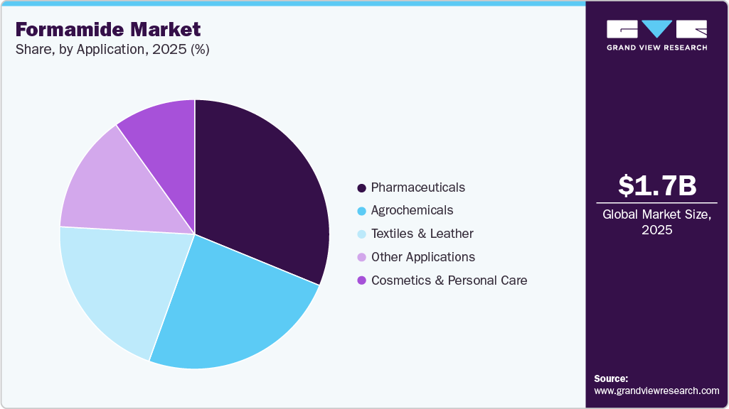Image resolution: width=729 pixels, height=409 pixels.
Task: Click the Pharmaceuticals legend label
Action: pos(417,187)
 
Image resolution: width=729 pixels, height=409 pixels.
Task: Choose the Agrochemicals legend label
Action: pos(412,210)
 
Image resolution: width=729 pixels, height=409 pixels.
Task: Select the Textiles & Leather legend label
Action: pos(422,234)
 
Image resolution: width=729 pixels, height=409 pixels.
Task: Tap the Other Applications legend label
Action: pos(422,257)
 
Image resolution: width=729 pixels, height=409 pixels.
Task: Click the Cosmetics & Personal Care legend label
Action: pos(449,280)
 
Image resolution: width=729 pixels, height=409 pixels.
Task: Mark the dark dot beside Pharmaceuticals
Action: pos(361,188)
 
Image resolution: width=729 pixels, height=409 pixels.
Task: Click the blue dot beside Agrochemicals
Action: pos(361,211)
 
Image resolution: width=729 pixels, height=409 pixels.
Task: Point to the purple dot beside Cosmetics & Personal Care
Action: pos(361,280)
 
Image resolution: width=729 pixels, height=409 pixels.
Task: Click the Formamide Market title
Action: pos(107,29)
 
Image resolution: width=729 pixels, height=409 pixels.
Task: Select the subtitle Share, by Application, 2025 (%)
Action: pos(112,50)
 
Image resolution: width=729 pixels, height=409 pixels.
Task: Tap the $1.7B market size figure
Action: pos(656,186)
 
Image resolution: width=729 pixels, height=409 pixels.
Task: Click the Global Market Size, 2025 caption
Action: pos(656,222)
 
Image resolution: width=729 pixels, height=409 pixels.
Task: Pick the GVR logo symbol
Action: pos(656,29)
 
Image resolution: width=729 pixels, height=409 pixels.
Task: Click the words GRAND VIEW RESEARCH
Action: pos(656,48)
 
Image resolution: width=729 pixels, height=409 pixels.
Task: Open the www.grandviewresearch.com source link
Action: pos(656,391)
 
